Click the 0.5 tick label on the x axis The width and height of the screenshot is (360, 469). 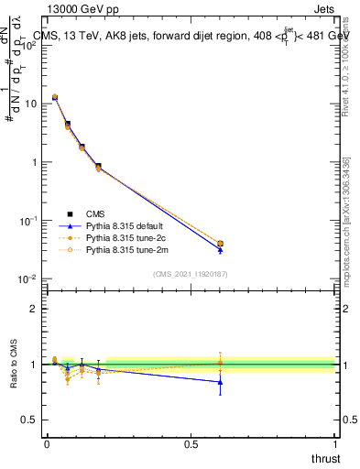(190, 444)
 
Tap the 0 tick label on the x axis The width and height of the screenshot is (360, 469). (47, 444)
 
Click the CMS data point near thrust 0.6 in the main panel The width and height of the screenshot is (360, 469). (220, 244)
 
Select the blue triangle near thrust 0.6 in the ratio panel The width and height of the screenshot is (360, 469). (220, 382)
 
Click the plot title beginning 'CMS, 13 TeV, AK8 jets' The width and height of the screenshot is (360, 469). (191, 36)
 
